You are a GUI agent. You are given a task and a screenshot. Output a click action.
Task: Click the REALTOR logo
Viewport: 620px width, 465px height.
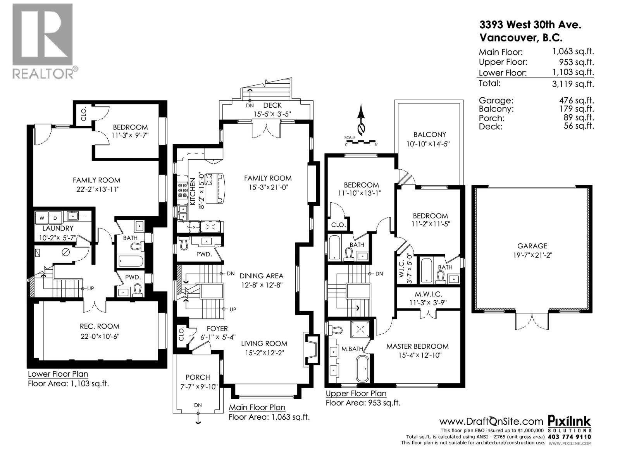click(43, 40)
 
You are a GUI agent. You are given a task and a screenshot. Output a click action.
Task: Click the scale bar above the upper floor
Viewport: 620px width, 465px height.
click(361, 142)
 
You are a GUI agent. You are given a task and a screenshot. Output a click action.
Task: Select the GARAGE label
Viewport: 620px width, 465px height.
click(532, 246)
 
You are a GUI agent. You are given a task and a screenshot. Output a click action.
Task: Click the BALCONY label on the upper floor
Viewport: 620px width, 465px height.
click(430, 134)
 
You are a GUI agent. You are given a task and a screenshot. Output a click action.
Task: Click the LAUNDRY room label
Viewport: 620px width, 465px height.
click(58, 228)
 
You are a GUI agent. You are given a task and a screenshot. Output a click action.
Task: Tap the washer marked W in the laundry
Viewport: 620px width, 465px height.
click(41, 218)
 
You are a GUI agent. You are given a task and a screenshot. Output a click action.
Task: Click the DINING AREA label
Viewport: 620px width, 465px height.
click(261, 276)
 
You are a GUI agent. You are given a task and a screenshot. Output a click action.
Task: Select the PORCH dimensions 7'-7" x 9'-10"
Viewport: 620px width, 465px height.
click(198, 386)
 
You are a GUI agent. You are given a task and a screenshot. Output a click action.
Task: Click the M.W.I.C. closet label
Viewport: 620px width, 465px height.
click(428, 294)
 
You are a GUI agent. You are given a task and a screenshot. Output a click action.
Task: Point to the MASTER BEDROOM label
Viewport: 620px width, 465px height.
click(417, 346)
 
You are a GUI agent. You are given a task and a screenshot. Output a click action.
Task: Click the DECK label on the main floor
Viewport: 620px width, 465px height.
click(272, 105)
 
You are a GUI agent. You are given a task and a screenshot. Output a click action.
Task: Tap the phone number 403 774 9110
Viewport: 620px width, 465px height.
click(570, 437)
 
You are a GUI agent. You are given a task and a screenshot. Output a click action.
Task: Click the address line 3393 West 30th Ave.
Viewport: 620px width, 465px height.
click(530, 25)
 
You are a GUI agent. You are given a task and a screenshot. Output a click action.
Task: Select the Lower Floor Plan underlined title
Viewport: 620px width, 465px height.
click(58, 374)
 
